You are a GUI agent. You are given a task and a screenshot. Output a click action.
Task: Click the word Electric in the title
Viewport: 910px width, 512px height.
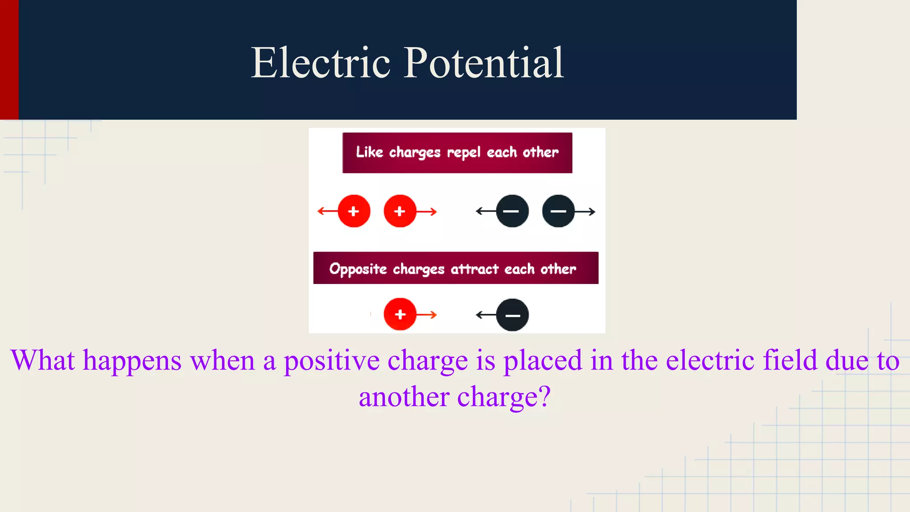(x=321, y=63)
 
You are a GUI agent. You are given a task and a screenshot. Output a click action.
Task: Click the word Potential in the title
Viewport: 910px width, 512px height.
(x=483, y=63)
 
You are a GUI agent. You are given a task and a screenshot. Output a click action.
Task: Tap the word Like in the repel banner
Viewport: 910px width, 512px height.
(x=369, y=152)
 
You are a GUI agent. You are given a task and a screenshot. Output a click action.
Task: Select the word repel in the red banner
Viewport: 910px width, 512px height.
(x=463, y=152)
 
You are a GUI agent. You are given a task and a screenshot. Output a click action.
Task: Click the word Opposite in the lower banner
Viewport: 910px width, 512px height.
(x=358, y=269)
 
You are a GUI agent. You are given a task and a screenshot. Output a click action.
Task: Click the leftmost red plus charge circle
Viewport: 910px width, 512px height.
(x=354, y=211)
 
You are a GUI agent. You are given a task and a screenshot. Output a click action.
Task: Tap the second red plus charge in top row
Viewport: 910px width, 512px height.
(x=400, y=211)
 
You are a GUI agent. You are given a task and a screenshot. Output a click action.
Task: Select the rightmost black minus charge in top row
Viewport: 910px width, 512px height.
(x=559, y=211)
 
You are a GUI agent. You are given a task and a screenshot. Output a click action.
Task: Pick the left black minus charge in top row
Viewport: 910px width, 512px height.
(x=512, y=211)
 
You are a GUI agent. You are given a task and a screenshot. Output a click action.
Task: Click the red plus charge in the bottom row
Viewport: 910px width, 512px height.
(x=400, y=314)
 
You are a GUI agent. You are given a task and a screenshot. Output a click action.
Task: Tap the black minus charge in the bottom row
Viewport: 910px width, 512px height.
(x=512, y=315)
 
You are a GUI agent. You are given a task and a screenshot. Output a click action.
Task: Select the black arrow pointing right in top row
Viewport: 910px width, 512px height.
(x=585, y=212)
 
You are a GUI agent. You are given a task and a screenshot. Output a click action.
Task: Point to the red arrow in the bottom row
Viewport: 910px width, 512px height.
(x=427, y=315)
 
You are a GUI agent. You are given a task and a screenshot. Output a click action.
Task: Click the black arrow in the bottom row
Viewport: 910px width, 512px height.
(x=485, y=315)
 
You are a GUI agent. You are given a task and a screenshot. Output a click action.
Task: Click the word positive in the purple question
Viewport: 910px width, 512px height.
(x=331, y=360)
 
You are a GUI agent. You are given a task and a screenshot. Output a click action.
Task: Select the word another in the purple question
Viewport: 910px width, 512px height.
(x=403, y=396)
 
